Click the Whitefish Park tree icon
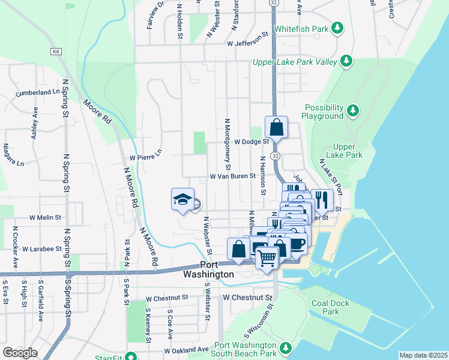pos(338,28)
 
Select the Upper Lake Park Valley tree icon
pos(346,61)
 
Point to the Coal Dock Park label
pos(330,307)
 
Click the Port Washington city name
pos(208,269)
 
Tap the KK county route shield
pos(57,52)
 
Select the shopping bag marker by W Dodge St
pos(276,127)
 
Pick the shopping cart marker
pos(267,257)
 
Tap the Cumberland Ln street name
pos(39,92)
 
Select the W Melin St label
pos(45,218)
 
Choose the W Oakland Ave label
pos(186,349)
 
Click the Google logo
pos(20,353)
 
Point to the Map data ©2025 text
pos(423,355)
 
